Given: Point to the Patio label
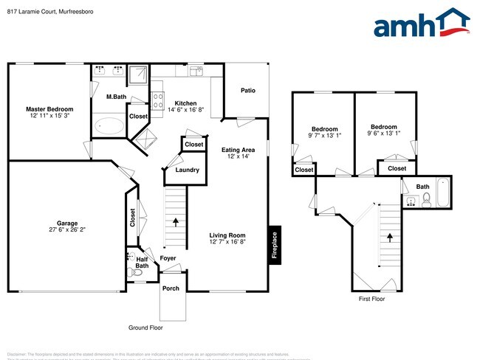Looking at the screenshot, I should [248, 91].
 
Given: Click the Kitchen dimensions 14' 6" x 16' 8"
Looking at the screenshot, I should [185, 110].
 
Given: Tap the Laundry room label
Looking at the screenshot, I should [187, 170].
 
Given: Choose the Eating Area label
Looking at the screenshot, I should [238, 150].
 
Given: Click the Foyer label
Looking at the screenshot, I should [168, 258].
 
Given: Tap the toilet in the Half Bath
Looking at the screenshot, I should [134, 273].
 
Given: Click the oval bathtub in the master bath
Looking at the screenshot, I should [110, 126].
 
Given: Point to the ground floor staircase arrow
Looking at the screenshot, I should [175, 220].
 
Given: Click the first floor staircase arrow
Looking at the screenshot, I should [389, 238].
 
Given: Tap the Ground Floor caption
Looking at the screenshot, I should [146, 328].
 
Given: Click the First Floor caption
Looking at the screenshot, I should [371, 299].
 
